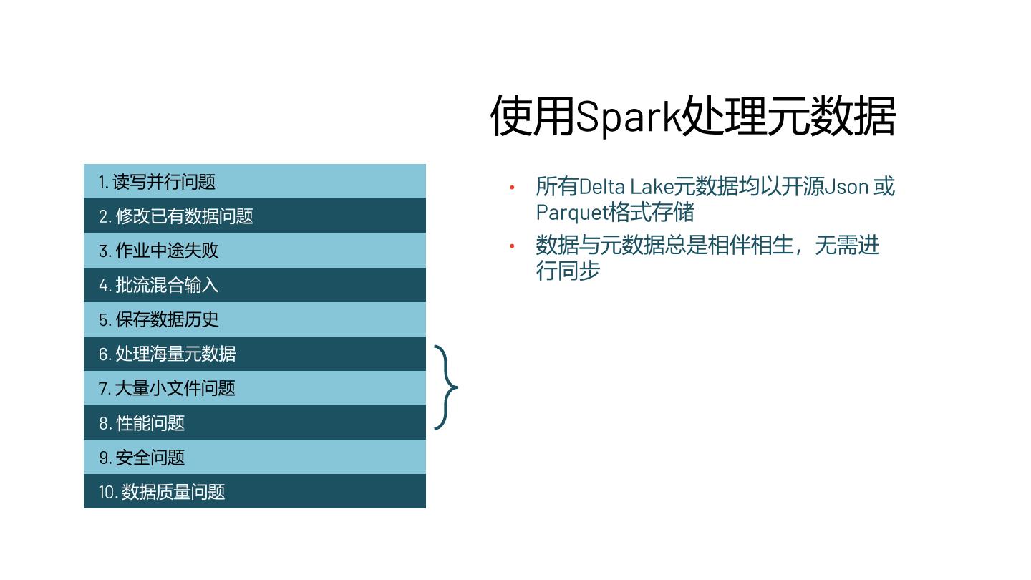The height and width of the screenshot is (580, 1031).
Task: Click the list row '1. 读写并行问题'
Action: tap(254, 182)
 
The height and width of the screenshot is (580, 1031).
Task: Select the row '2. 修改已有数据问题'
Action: tap(254, 216)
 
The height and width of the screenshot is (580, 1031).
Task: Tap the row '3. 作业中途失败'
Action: tap(254, 251)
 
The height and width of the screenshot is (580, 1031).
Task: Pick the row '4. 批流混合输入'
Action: tap(254, 285)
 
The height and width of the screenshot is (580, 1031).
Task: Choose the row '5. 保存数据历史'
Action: tap(254, 319)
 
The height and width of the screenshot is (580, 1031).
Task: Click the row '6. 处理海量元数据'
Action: tap(254, 354)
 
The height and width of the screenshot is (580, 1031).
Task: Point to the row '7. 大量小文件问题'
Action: tap(254, 388)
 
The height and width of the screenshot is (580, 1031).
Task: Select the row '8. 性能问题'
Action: tap(254, 422)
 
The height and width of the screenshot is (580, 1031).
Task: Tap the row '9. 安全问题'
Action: tap(254, 457)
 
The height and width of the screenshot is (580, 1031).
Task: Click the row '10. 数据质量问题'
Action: tap(254, 491)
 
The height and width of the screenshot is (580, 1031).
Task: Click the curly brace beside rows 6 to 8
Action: tap(446, 387)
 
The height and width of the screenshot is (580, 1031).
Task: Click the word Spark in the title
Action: tap(628, 117)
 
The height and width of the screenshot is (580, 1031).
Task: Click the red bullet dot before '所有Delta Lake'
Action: tap(512, 188)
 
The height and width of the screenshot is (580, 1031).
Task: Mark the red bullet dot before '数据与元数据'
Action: tap(512, 246)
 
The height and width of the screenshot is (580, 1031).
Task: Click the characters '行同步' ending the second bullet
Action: tap(568, 271)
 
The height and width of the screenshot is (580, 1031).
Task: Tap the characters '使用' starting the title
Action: tap(533, 117)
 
